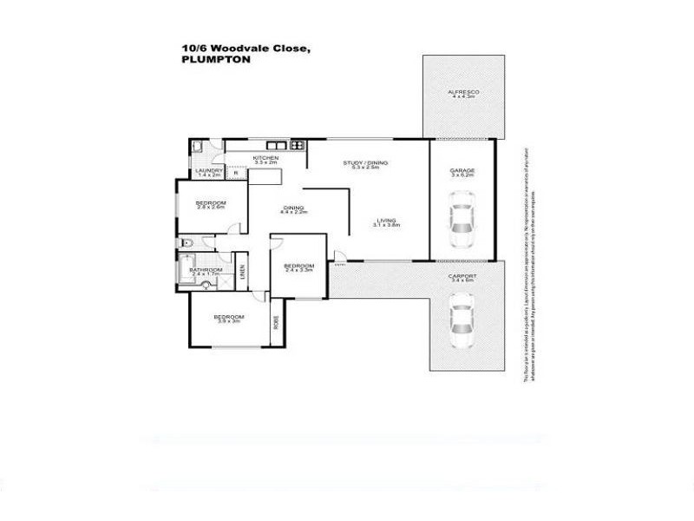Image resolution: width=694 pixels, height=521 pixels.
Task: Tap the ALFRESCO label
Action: (x=463, y=92)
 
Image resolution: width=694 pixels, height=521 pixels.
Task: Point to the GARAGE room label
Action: (x=462, y=169)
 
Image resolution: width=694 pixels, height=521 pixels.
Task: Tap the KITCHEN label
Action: (x=265, y=157)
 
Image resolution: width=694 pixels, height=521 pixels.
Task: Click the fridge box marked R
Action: (x=235, y=174)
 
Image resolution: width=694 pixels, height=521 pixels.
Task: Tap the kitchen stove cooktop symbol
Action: (x=297, y=144)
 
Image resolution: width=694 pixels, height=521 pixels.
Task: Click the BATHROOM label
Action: (x=206, y=269)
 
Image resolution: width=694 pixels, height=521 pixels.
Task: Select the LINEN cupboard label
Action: (x=243, y=271)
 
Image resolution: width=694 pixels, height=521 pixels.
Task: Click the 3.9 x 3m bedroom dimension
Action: (x=229, y=321)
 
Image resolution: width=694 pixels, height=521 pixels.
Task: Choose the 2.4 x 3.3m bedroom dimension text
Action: (x=298, y=270)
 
